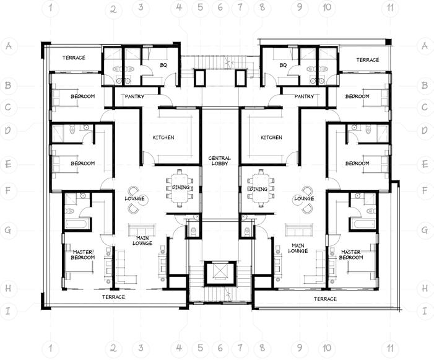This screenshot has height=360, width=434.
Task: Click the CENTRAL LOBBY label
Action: [x=220, y=161]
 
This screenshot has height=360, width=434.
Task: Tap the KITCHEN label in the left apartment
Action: [x=163, y=138]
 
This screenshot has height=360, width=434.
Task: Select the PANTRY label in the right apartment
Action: [x=304, y=97]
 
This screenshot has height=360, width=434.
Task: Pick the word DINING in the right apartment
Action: [x=259, y=189]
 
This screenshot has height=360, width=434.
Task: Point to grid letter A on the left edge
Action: [x=9, y=46]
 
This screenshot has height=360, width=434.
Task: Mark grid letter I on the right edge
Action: [x=425, y=310]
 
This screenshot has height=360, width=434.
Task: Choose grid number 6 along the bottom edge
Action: [x=220, y=349]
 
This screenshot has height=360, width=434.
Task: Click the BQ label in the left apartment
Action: [x=164, y=65]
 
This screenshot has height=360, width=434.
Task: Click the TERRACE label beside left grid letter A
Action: [x=73, y=58]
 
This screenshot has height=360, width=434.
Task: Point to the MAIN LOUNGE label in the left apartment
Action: [x=142, y=240]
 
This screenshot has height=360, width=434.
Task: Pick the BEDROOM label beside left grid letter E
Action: [x=82, y=164]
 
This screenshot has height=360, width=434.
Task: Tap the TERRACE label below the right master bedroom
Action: [x=324, y=299]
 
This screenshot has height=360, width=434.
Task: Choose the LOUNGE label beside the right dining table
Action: [x=304, y=199]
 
